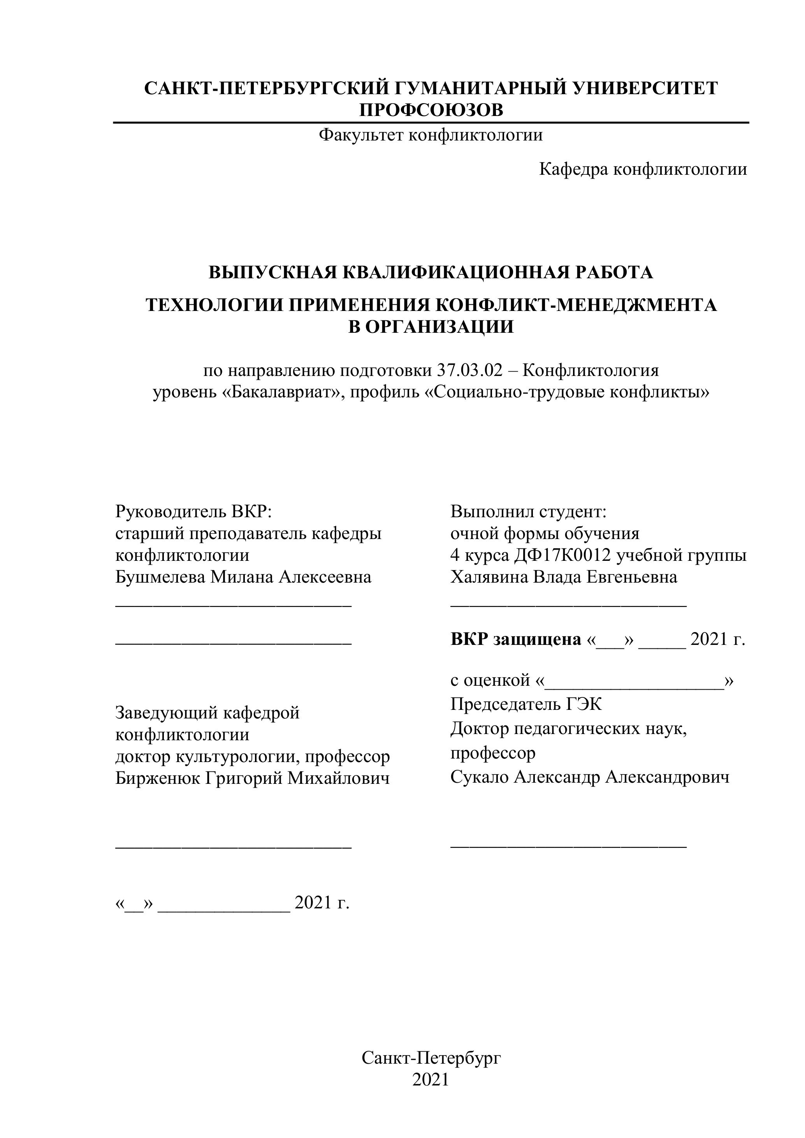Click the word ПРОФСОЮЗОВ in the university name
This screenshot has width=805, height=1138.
431,110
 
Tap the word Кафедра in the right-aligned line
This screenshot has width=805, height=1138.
573,170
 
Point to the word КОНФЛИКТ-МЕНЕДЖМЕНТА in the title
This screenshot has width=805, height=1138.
575,305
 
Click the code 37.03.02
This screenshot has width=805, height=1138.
469,370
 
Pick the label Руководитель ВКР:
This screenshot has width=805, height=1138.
194,511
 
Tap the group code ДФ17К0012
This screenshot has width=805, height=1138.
562,555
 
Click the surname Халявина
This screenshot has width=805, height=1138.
489,577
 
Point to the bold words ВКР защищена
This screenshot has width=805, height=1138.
515,639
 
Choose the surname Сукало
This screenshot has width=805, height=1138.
479,777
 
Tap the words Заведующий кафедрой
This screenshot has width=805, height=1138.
207,713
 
